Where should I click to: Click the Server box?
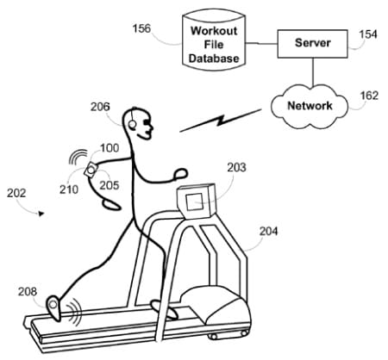pyautogui.click(x=312, y=44)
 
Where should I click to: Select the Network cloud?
pyautogui.click(x=310, y=106)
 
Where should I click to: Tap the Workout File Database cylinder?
pyautogui.click(x=214, y=40)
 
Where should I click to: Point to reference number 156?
pyautogui.click(x=141, y=28)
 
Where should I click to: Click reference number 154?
pyautogui.click(x=368, y=34)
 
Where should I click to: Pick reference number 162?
pyautogui.click(x=369, y=96)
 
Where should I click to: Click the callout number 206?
pyautogui.click(x=100, y=107)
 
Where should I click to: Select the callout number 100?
pyautogui.click(x=110, y=148)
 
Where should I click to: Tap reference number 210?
pyautogui.click(x=69, y=189)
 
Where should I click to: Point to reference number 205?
pyautogui.click(x=110, y=185)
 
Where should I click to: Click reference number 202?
pyautogui.click(x=16, y=193)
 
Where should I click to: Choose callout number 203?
pyautogui.click(x=236, y=168)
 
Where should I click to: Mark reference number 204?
pyautogui.click(x=269, y=232)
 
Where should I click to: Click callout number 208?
pyautogui.click(x=28, y=292)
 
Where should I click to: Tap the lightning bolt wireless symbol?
pyautogui.click(x=220, y=121)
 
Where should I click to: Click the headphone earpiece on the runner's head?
pyautogui.click(x=132, y=124)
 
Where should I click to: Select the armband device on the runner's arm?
pyautogui.click(x=91, y=170)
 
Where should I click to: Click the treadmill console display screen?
pyautogui.click(x=195, y=202)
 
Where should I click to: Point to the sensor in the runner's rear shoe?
pyautogui.click(x=53, y=304)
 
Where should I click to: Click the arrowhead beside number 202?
pyautogui.click(x=41, y=214)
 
